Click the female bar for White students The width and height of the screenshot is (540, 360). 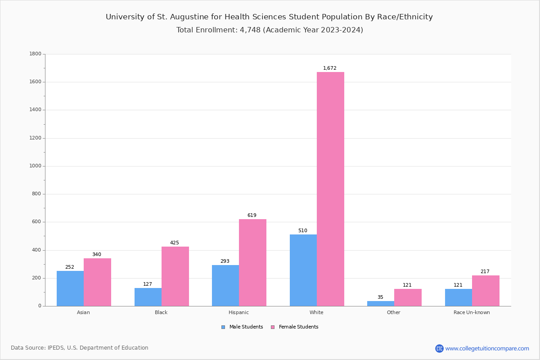coord(330,189)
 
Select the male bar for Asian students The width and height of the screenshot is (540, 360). coord(70,288)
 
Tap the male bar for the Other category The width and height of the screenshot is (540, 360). coord(381,303)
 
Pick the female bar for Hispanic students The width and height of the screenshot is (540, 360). coord(252,262)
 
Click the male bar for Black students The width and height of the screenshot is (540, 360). coord(148,297)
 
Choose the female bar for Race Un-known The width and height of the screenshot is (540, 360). coord(486,291)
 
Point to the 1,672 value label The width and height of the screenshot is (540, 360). coord(330,68)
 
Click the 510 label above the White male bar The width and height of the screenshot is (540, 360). coord(303,231)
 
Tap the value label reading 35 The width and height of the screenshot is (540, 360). coord(380,297)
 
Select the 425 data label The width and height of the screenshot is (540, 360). coord(175,243)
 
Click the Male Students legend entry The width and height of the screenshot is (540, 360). coord(243,327)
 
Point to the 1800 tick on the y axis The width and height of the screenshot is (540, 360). coord(35,54)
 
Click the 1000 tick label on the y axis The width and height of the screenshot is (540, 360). coord(35,166)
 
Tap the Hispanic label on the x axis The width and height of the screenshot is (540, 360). coord(238,312)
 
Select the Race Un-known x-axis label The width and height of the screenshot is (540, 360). coord(472,312)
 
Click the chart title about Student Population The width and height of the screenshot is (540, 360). coord(269,17)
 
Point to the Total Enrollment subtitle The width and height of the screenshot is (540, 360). coord(270,30)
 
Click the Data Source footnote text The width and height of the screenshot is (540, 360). coord(80,348)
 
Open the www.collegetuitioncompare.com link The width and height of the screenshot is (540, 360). coord(487,348)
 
